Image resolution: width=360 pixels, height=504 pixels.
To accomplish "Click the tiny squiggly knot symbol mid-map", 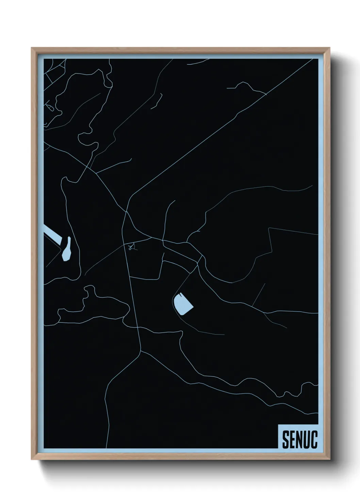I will pos(132,248).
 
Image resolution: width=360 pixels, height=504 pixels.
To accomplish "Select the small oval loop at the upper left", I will pos(50,108).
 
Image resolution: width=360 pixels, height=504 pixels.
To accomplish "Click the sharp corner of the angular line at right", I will pos(269,228).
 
